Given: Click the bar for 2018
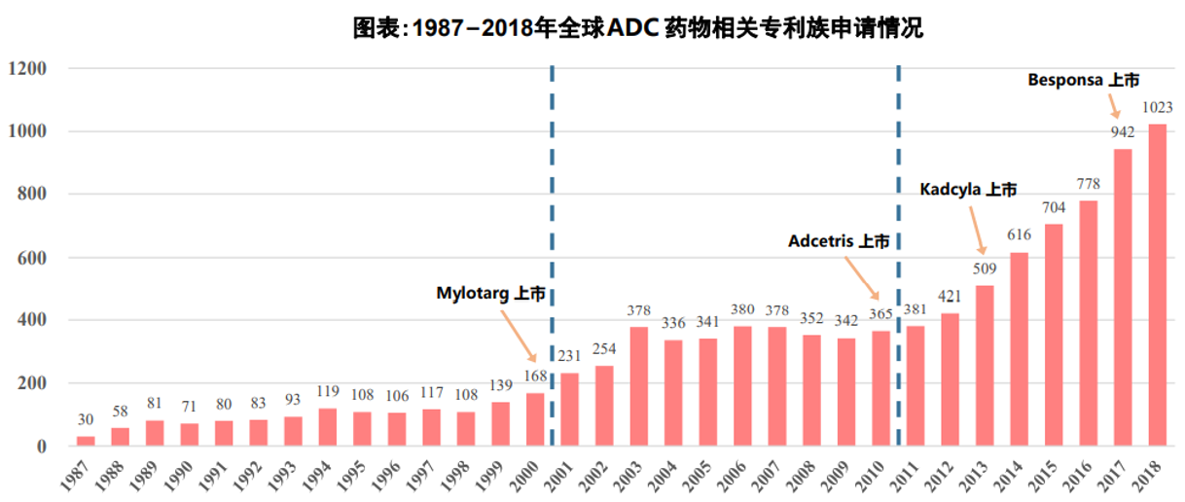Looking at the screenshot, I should [x=1157, y=284].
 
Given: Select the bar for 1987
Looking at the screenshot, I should [x=86, y=441].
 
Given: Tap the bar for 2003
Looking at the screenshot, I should [x=638, y=386].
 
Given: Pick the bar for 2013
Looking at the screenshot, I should [x=985, y=365].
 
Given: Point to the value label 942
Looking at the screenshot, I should [x=1122, y=132].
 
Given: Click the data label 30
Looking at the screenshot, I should [x=86, y=420].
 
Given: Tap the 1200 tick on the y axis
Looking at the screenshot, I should [x=27, y=69].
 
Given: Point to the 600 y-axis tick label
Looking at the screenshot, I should [x=31, y=258].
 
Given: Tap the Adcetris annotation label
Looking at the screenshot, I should [x=838, y=241].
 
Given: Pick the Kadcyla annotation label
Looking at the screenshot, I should [x=968, y=189].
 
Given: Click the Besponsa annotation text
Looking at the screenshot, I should [x=1083, y=81].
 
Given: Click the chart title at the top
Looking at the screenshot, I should [x=637, y=28].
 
